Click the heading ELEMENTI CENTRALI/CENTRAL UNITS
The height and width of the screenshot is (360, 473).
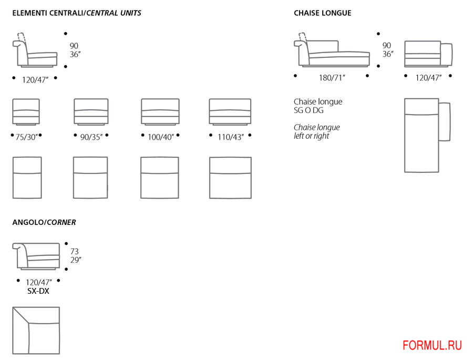pos(77,13)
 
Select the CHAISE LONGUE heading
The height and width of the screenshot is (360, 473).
pos(322,13)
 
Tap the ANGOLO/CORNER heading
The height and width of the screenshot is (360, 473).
pos(44,222)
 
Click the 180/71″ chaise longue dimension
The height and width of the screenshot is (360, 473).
pos(332,77)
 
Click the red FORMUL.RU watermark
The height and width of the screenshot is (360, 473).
pos(432,345)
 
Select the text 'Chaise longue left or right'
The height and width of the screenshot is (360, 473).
pos(316,131)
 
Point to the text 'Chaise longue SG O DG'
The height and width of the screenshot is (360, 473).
pos(317,106)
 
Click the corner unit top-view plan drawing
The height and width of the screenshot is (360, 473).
pos(36,330)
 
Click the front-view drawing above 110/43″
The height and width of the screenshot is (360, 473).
pos(230,111)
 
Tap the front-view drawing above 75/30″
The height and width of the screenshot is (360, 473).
pos(26,111)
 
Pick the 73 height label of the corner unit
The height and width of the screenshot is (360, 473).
pos(74,251)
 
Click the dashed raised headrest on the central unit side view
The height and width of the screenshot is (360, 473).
pos(22,37)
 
